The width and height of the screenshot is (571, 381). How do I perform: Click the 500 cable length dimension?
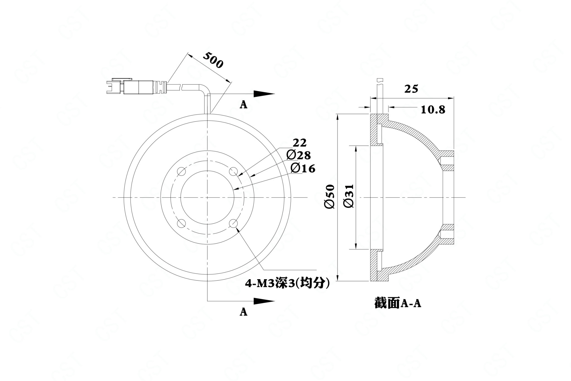click(213, 60)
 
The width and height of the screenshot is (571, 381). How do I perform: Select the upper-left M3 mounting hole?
click(182, 172)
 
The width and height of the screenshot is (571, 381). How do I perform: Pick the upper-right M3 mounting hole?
click(233, 172)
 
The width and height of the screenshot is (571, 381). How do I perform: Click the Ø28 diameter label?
click(299, 155)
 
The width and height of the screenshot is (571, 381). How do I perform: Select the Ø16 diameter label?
click(303, 168)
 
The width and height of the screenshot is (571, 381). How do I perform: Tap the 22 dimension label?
click(299, 143)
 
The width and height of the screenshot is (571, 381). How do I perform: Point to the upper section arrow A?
click(264, 94)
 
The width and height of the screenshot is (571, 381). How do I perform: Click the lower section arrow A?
click(264, 301)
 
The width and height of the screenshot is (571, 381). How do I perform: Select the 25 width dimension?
click(411, 89)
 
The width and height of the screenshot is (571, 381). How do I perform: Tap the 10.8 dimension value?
click(433, 110)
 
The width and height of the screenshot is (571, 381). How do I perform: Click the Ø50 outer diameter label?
click(330, 196)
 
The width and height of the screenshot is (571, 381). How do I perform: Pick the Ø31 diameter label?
click(349, 196)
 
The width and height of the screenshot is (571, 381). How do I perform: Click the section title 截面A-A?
click(398, 303)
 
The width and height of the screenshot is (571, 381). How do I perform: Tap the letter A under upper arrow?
click(244, 105)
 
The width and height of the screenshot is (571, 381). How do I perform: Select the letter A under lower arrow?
click(244, 312)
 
